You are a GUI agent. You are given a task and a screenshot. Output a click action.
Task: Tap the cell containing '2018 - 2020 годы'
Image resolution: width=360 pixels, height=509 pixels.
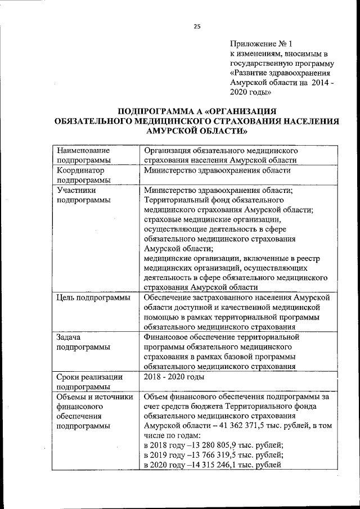173,377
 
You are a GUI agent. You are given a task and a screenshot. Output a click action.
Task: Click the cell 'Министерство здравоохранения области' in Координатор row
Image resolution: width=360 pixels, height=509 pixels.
217,170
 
